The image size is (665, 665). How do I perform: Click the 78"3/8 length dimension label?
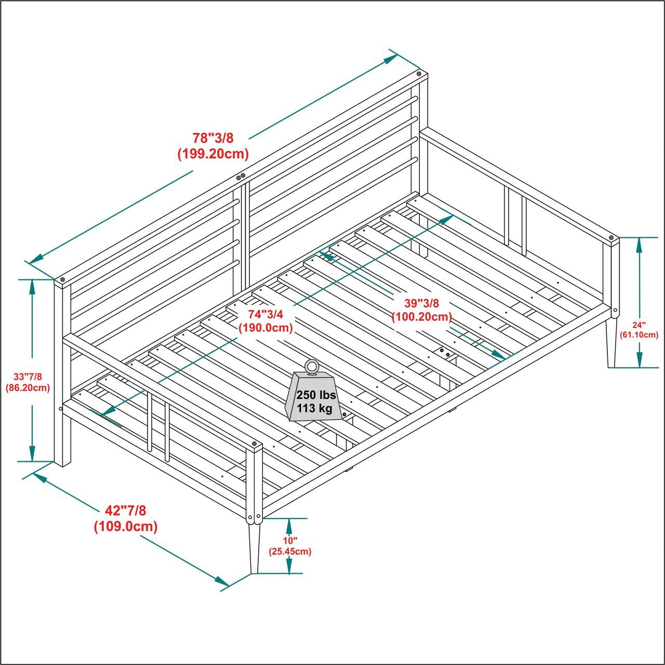point(213,138)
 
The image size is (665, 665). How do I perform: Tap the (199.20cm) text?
point(213,154)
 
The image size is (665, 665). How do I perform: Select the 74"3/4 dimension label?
point(265,314)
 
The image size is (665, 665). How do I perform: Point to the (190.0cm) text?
point(265,327)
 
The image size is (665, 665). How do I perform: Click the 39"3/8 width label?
point(422,303)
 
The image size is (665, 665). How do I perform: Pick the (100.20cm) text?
point(422,316)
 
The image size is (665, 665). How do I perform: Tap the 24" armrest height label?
point(639,325)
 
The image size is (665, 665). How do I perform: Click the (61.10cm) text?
point(639,335)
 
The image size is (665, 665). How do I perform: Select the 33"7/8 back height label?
point(28,377)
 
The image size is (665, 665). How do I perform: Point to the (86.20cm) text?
point(28,388)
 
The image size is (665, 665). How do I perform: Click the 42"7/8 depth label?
point(125,511)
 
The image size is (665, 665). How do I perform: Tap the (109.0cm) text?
point(125,527)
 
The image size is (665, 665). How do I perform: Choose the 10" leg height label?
point(290,541)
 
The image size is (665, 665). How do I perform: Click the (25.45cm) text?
point(290,551)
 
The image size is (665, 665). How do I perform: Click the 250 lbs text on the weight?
point(316,395)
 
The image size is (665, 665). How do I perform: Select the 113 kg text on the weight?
point(314,409)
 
